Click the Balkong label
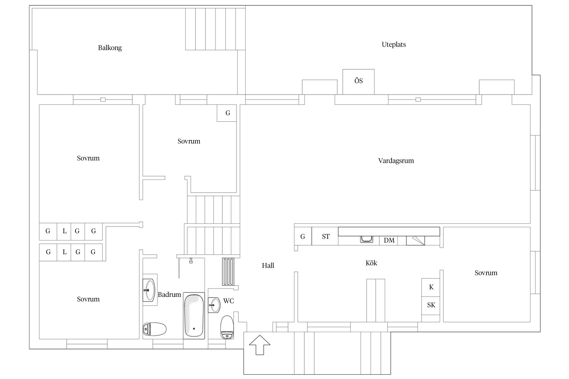click(110, 48)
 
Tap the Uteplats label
click(394, 44)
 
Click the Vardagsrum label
click(396, 161)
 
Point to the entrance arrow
click(260, 345)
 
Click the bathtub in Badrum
click(194, 316)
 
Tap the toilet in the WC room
click(227, 327)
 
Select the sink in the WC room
click(214, 305)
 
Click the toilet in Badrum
click(155, 329)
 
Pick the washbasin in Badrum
click(149, 290)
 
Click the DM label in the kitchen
click(389, 240)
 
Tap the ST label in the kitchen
click(326, 236)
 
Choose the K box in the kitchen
click(431, 288)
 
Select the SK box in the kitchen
click(431, 305)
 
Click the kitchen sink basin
click(366, 239)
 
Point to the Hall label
click(268, 266)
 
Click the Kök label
click(371, 263)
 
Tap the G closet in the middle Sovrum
click(227, 113)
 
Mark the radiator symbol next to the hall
click(228, 272)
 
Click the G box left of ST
click(303, 236)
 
